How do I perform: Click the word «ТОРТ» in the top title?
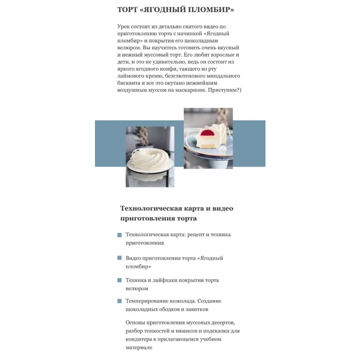[x=127, y=9]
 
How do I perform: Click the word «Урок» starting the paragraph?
[x=123, y=27]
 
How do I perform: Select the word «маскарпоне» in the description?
[x=190, y=90]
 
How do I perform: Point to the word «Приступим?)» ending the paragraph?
[x=225, y=90]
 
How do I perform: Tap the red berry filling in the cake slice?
[x=207, y=133]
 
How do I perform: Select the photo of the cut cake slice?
[x=208, y=138]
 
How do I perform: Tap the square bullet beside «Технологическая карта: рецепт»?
[x=119, y=235]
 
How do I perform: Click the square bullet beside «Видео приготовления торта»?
[x=119, y=258]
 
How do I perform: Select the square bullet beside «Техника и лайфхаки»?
[x=119, y=280]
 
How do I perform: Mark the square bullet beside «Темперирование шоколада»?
[x=119, y=301]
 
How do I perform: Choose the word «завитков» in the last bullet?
[x=197, y=309]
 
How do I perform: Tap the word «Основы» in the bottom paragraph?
[x=135, y=323]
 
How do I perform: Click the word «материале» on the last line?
[x=139, y=347]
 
